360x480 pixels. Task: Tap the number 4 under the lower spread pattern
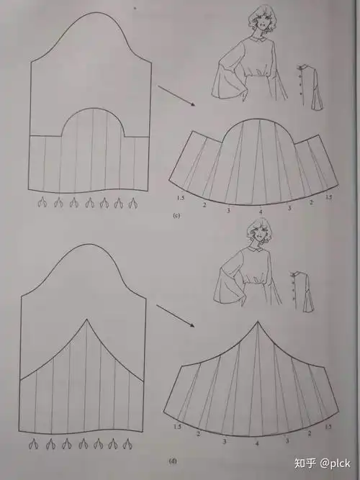(257, 445)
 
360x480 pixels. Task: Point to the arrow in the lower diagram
(176, 316)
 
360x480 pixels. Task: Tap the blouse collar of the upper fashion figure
(261, 35)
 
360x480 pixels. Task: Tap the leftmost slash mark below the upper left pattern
(43, 204)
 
